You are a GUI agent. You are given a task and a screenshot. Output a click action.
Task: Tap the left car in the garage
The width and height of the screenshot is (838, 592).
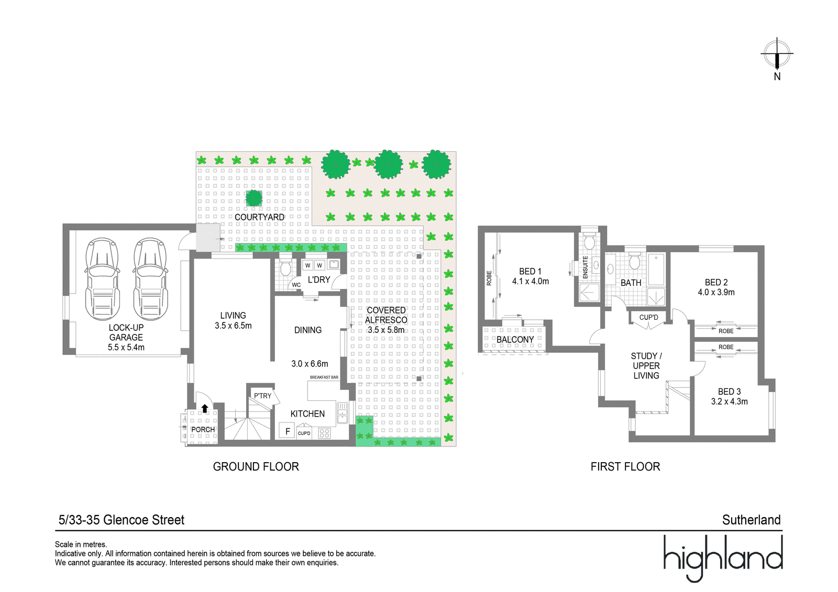tap(102, 279)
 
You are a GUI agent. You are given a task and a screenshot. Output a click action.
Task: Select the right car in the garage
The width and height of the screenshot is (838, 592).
tap(150, 279)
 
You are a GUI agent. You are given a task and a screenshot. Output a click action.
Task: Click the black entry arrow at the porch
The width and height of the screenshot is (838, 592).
tap(205, 408)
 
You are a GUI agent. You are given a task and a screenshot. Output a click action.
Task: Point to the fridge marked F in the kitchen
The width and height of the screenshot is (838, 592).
tap(288, 431)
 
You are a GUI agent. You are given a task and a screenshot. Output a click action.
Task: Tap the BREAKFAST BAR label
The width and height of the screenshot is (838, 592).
tap(324, 377)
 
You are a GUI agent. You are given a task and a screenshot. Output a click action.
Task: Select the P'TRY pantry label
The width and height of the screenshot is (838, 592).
tap(262, 396)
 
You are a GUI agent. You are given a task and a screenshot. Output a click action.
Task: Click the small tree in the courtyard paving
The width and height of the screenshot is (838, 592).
tap(254, 198)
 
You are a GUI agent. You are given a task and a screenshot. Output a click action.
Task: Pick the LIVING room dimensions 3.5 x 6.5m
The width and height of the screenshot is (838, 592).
tap(233, 326)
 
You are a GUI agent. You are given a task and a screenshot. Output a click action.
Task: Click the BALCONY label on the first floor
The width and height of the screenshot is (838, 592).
tap(515, 340)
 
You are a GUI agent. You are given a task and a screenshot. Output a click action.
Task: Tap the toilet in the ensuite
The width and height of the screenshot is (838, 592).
tap(589, 241)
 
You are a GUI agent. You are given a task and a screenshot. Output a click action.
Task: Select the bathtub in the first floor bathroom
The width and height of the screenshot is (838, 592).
tap(656, 269)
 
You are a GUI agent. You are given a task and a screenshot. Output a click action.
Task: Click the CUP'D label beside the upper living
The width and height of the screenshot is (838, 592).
tap(649, 318)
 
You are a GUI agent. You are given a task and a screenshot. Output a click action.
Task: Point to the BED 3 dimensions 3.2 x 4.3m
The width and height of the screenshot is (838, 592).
tap(729, 401)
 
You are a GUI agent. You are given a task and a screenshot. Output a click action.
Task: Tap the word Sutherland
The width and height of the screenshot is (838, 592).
tap(751, 520)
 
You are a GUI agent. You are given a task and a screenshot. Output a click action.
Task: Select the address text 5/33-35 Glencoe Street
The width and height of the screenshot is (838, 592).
tap(121, 520)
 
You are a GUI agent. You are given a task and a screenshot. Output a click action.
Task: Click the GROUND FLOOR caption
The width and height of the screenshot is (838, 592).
tap(256, 467)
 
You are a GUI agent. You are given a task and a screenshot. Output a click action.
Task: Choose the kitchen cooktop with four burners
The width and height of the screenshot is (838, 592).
tap(324, 433)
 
